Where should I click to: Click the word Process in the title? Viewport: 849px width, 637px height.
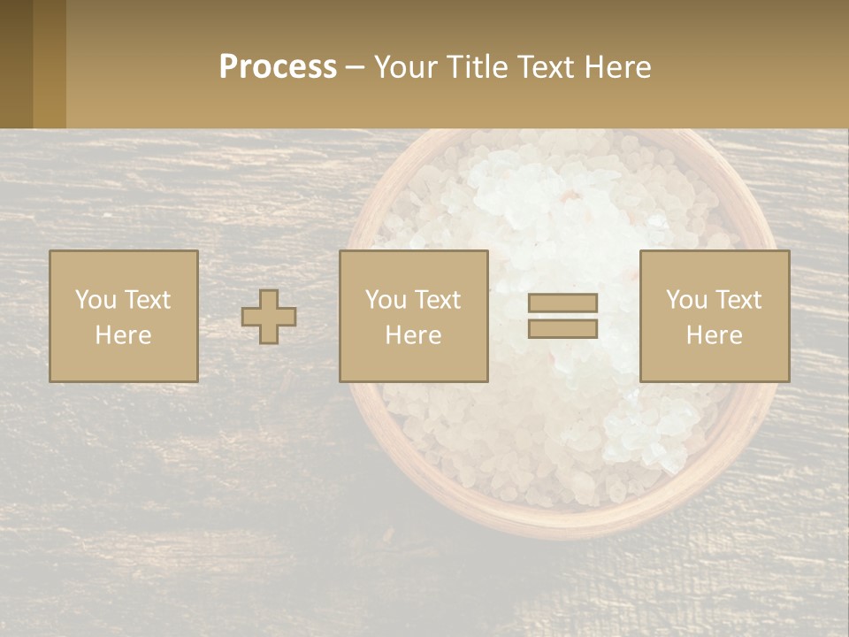(x=278, y=67)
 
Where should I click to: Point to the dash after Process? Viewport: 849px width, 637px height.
(x=355, y=68)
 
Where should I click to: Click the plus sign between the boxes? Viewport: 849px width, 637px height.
(x=269, y=317)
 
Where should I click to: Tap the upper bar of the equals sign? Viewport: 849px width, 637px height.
(x=562, y=303)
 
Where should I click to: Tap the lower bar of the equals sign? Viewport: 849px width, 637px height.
(x=562, y=328)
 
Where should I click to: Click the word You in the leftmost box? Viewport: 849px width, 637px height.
(x=94, y=300)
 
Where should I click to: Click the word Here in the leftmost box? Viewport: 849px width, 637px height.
(x=123, y=335)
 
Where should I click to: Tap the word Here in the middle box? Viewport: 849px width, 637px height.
(x=413, y=335)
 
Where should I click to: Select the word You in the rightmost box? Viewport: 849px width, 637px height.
(x=685, y=300)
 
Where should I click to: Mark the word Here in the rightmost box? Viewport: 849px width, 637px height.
(x=715, y=335)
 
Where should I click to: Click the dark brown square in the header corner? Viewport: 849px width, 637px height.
(x=17, y=64)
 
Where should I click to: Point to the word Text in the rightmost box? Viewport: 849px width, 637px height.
(x=739, y=300)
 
